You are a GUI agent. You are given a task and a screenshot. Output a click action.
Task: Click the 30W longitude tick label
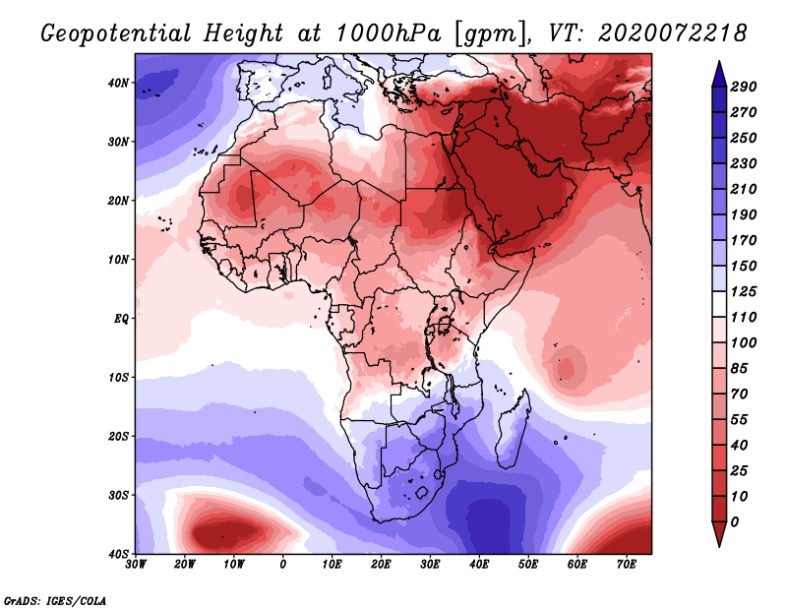pyautogui.click(x=136, y=565)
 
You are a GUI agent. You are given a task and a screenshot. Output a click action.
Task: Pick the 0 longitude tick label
pyautogui.click(x=283, y=565)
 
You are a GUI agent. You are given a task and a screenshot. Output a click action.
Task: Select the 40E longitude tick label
pyautogui.click(x=479, y=565)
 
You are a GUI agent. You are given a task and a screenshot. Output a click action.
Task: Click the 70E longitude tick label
pyautogui.click(x=627, y=565)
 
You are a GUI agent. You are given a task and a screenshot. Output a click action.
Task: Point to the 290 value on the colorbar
pyautogui.click(x=744, y=87)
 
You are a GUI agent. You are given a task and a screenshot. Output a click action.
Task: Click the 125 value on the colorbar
pyautogui.click(x=744, y=293)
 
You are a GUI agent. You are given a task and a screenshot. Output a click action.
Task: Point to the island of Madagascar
pyautogui.click(x=512, y=433)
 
